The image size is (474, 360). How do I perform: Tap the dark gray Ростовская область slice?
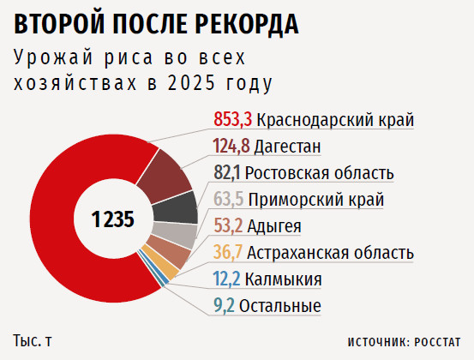176,208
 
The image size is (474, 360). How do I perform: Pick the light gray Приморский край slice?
175,235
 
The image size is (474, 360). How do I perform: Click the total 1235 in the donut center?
113,219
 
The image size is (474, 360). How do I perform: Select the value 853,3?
233,119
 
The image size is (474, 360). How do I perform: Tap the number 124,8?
231,146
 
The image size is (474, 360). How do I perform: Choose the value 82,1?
227,172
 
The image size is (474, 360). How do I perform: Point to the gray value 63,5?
229,199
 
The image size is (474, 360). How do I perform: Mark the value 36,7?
228,252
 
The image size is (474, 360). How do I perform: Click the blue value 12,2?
227,279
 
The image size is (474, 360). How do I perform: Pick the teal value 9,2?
224,306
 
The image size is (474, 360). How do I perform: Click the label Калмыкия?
283,279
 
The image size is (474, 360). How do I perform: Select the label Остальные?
280,306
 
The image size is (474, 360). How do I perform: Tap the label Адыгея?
274,225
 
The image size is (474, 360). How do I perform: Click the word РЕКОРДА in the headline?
247,25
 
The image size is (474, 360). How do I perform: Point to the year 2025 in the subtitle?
191,83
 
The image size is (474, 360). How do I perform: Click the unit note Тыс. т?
33,340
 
